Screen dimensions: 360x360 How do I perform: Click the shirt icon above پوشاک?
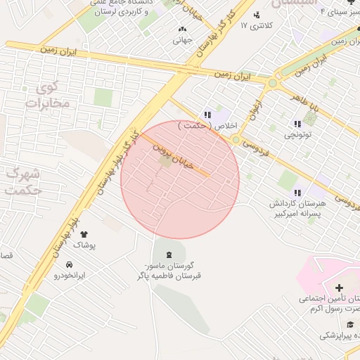pos(84,233)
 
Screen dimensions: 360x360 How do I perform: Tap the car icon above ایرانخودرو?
pos(69,264)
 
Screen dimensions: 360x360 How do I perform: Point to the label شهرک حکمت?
pos(21,181)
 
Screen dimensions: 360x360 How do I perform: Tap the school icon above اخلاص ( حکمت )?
pos(207,114)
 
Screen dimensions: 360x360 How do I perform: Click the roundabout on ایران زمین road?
pos(272,84)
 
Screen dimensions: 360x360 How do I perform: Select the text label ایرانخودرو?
pos(70,276)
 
